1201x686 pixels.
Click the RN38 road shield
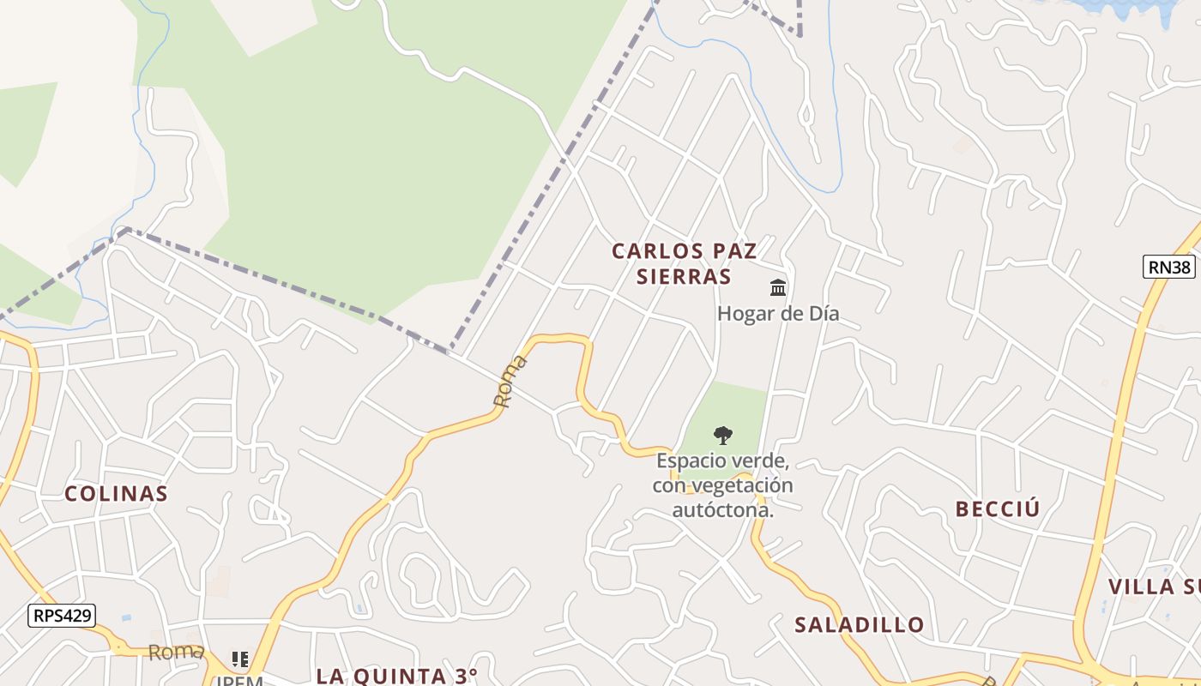pos(1169,267)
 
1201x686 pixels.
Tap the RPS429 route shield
pos(61,615)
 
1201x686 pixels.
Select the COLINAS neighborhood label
pos(116,493)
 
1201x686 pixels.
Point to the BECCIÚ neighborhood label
pos(998,508)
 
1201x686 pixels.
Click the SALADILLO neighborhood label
pos(860,624)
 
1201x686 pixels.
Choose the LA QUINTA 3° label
pos(397,676)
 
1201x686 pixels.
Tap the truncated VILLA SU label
pos(1154,587)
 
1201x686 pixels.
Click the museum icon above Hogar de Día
pos(778,287)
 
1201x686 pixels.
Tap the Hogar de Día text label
pos(778,314)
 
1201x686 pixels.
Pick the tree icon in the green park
pos(723,435)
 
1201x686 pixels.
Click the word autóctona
pos(723,510)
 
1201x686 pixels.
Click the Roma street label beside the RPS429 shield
pos(176,652)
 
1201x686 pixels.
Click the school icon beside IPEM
pos(240,659)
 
